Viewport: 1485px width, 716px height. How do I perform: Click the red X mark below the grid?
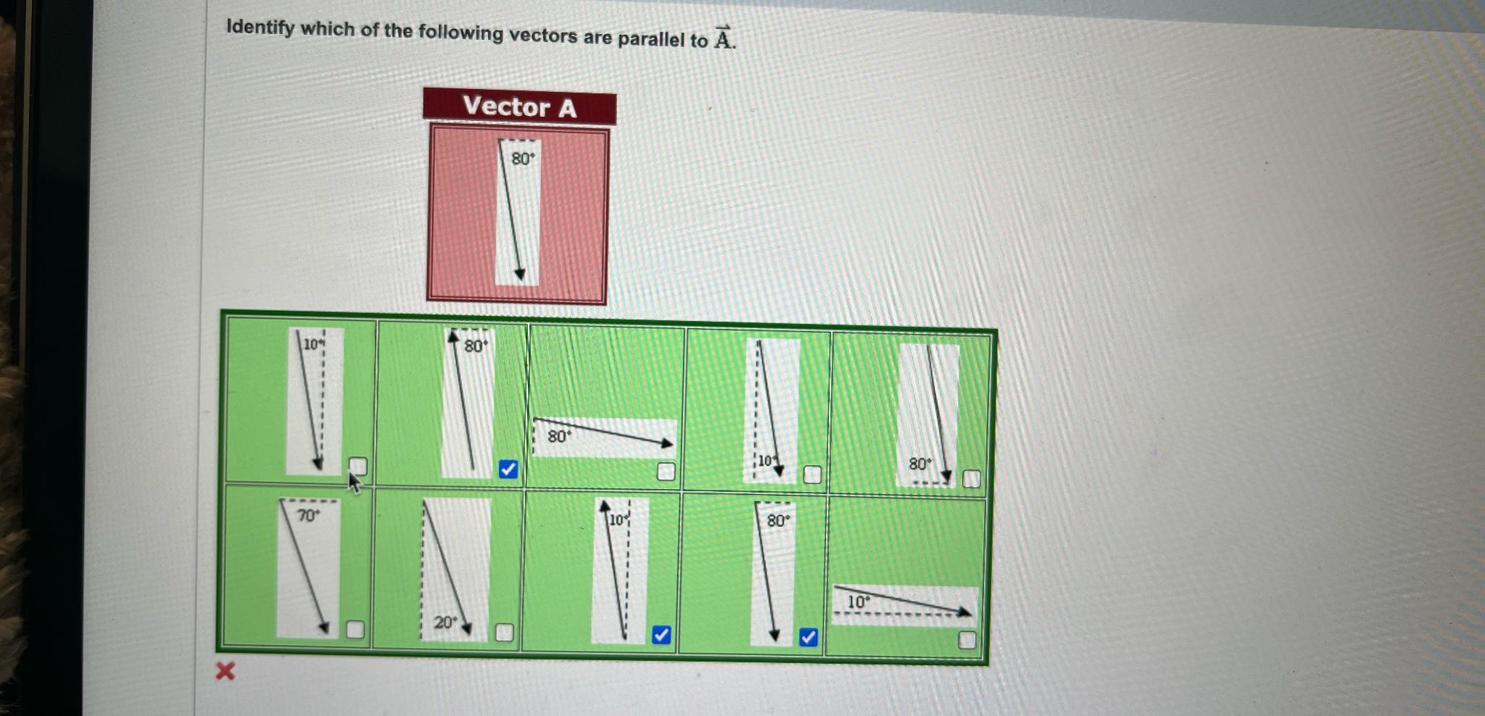tap(226, 671)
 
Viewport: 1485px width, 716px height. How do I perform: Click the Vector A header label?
tap(519, 107)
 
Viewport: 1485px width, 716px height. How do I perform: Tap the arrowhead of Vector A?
tap(520, 275)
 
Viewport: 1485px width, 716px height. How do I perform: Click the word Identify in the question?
tap(260, 28)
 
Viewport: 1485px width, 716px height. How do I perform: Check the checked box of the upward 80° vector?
tap(508, 470)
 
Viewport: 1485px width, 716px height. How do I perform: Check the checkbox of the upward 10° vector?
tap(661, 635)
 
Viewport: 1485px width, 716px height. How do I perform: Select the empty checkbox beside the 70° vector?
tap(355, 629)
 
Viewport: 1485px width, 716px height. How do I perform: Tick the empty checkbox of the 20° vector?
tap(504, 633)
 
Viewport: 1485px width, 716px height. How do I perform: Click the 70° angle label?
tap(307, 515)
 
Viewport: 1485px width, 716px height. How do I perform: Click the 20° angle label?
tap(445, 622)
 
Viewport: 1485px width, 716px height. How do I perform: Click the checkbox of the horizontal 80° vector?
tap(666, 472)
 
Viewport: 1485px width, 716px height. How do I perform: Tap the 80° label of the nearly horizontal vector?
tap(559, 436)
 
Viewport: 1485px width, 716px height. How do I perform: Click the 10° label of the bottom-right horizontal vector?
tap(859, 602)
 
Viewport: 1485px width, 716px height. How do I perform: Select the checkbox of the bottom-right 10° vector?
tap(967, 640)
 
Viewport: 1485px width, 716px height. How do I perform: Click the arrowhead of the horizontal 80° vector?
tap(668, 443)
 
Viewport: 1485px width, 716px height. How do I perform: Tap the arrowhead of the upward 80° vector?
tap(453, 336)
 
